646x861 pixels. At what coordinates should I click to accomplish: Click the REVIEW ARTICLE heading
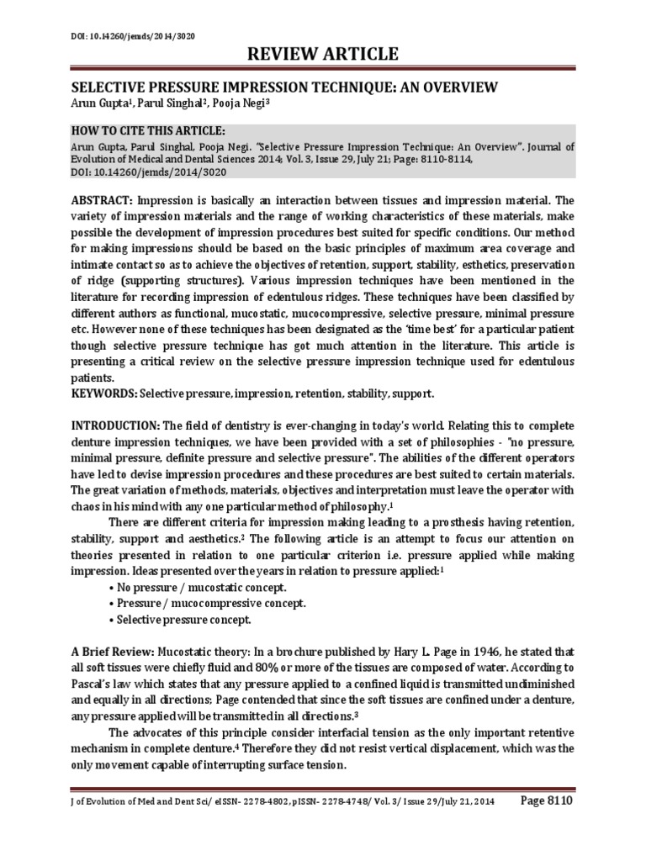[322, 55]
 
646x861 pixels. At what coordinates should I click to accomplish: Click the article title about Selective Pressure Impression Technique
[283, 87]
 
